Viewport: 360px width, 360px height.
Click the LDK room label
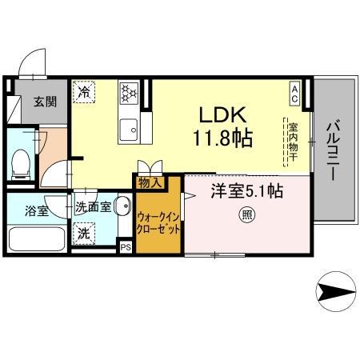(212, 114)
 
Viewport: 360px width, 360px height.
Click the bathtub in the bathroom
(37, 238)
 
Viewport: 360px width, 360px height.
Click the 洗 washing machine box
(84, 234)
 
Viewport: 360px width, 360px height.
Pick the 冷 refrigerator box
(84, 94)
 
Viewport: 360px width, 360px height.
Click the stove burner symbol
(128, 94)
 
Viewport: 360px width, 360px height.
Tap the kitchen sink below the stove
(128, 128)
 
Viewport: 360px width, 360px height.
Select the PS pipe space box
(125, 247)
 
